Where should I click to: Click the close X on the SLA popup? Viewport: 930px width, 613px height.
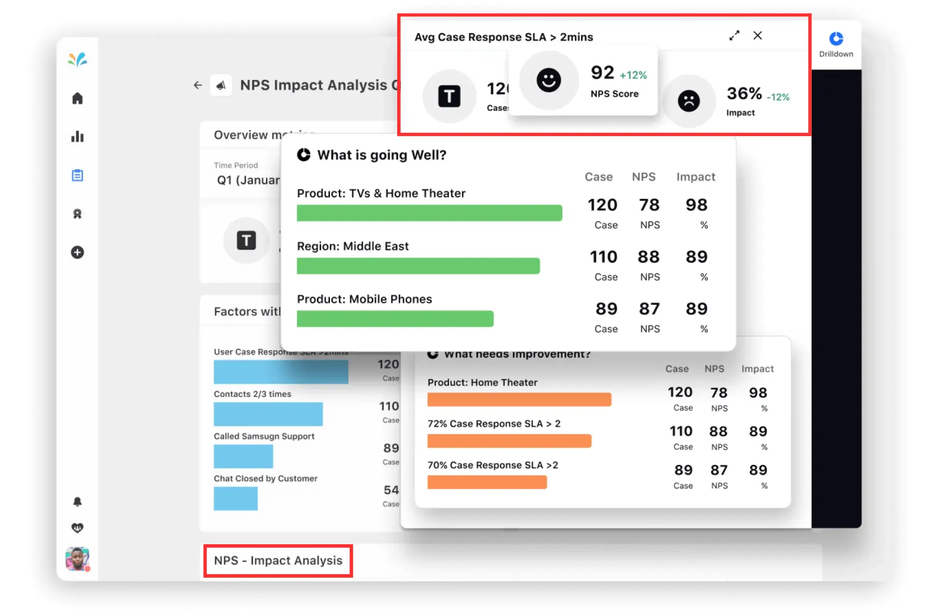pos(758,35)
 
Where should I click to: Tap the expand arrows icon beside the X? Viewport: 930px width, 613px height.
pos(734,35)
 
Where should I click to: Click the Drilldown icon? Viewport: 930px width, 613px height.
pos(836,39)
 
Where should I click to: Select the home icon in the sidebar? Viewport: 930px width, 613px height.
pos(77,98)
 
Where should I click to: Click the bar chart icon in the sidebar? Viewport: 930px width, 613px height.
pos(77,137)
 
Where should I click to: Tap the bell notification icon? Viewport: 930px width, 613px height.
pos(77,501)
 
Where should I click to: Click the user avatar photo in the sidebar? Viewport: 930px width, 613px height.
pos(77,559)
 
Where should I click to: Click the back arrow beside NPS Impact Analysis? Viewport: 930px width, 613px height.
pos(198,85)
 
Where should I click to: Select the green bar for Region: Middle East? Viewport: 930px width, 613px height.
pos(418,266)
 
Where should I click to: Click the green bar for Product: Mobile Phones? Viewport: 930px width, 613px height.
pos(395,319)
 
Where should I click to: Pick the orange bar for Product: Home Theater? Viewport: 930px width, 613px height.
pos(519,399)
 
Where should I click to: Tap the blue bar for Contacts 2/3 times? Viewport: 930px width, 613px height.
pos(268,414)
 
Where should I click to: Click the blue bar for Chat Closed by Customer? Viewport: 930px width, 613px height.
pos(235,498)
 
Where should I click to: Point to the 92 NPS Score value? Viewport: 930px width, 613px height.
pos(602,73)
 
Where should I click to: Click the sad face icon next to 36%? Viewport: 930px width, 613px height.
pos(688,101)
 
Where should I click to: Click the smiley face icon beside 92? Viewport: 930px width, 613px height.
pos(548,80)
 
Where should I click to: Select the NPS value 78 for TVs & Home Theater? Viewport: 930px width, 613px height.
pos(649,205)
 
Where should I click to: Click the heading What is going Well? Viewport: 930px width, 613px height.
pos(381,155)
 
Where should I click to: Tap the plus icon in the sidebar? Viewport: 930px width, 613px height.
pos(77,252)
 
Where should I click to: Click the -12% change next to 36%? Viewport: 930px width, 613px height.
pos(778,97)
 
